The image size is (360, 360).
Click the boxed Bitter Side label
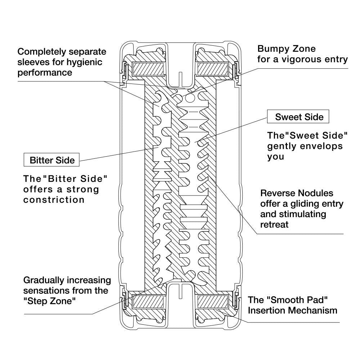(x=51, y=160)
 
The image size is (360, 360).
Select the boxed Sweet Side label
(x=298, y=117)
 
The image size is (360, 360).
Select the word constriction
(x=54, y=200)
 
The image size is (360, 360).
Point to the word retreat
(x=274, y=225)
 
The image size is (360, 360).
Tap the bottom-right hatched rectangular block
(x=212, y=301)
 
